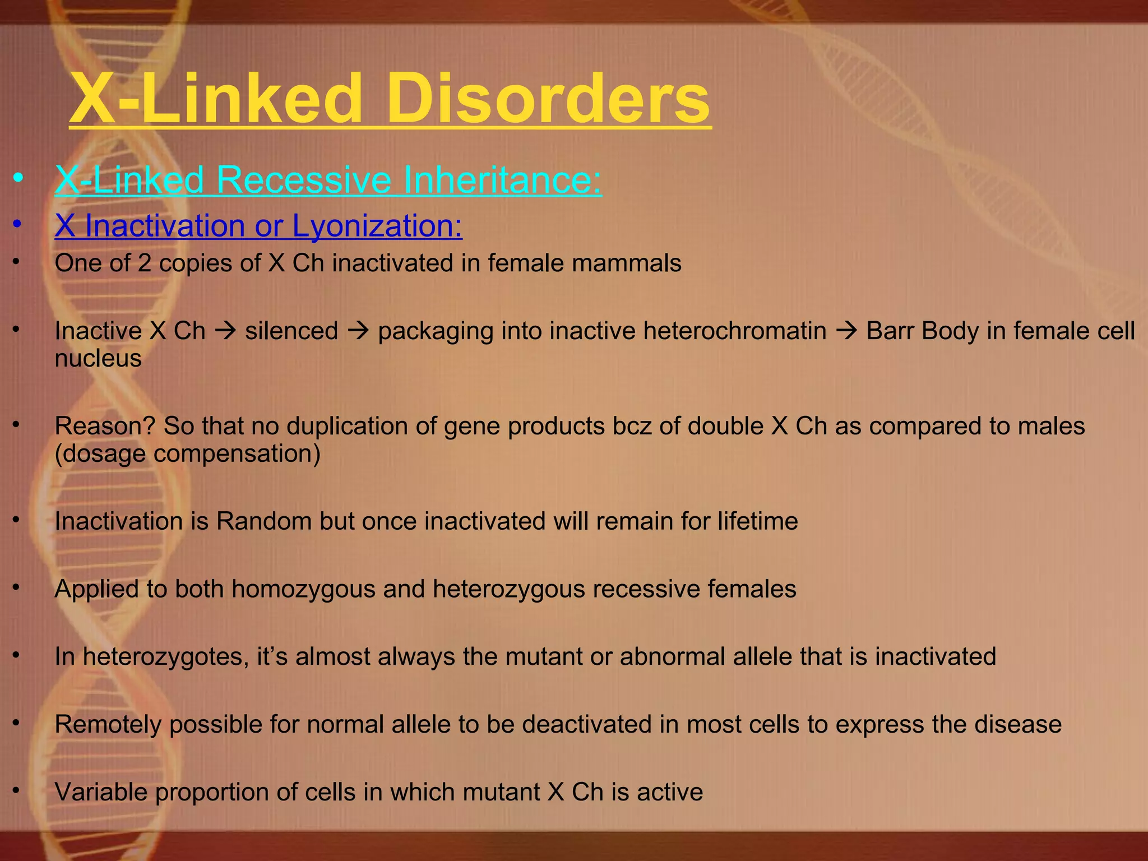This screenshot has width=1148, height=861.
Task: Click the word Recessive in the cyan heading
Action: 303,180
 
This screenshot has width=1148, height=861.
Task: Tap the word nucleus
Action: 98,359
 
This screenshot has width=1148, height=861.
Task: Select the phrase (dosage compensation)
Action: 188,453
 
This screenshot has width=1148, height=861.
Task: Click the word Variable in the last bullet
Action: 101,792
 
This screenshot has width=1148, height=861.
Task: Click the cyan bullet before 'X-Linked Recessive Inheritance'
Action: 18,180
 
